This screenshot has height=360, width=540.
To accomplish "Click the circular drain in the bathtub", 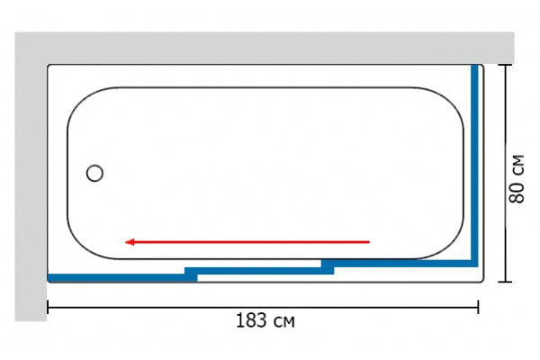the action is (94, 174).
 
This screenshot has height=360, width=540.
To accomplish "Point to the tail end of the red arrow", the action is (370, 242).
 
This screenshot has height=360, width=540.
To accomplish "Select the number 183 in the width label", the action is (251, 320).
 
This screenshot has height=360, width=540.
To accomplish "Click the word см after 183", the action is (284, 322).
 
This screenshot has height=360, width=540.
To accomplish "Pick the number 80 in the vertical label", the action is (517, 193).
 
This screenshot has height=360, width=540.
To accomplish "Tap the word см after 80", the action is (518, 166).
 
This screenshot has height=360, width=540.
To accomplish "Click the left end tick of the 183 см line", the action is (48, 307).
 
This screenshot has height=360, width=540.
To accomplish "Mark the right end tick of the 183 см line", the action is (478, 307).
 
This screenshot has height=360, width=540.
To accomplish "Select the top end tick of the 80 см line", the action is (505, 65).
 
